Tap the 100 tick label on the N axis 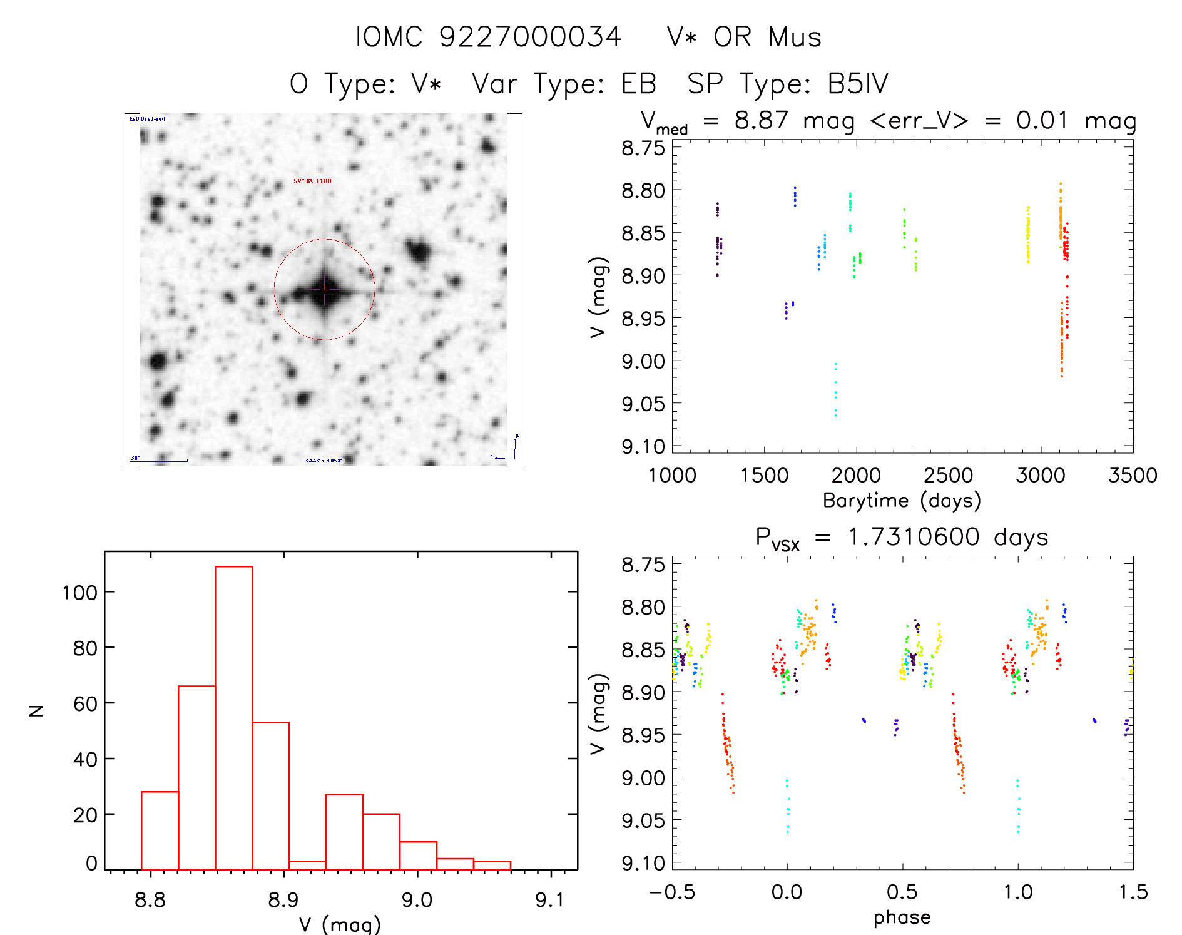(79, 592)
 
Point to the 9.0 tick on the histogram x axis (417, 901)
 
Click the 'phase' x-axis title (902, 917)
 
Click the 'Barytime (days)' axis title (902, 501)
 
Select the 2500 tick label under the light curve (948, 476)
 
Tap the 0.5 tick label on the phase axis (902, 892)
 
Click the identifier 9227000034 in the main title (530, 37)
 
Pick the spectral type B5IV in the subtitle (857, 84)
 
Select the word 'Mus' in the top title (795, 37)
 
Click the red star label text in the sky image (312, 181)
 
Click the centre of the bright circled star (324, 289)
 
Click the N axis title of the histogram (37, 710)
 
